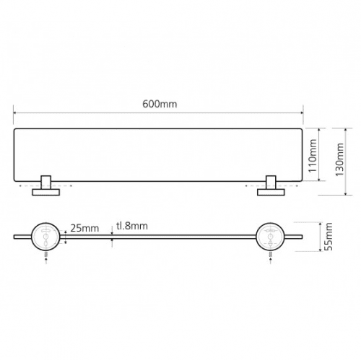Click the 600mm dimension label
click(160, 104)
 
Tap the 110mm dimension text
click(313, 156)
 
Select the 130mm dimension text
click(339, 159)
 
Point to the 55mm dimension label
click(329, 237)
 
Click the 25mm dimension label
click(84, 228)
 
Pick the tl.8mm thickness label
click(132, 226)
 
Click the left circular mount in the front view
click(45, 237)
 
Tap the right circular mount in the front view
click(270, 237)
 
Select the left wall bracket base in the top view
click(45, 192)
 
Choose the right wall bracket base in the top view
click(271, 192)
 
